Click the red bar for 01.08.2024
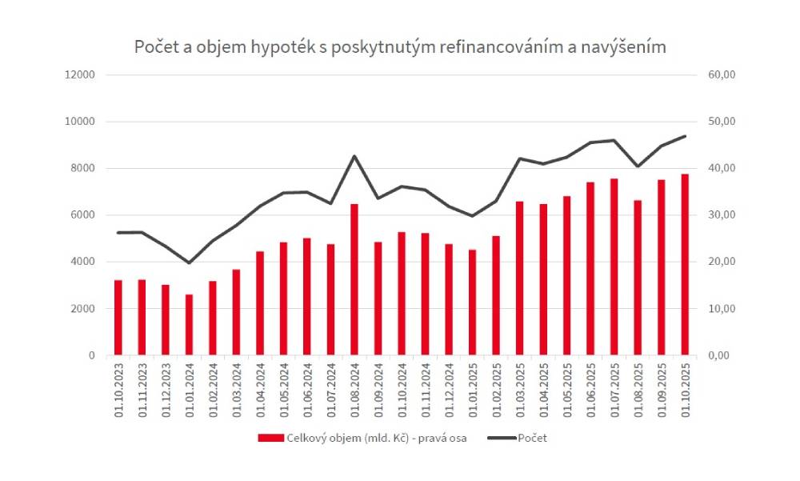coord(354,279)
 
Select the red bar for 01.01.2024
coord(189,324)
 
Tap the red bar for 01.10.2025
coord(685,264)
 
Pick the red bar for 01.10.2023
coord(118,317)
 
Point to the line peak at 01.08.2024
coord(354,156)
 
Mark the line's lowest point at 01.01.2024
coord(189,263)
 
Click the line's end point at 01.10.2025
coord(685,136)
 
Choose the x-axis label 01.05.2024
coord(284,390)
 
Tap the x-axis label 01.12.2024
coord(449,390)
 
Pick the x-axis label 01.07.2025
coord(614,390)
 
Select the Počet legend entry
coord(533,438)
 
